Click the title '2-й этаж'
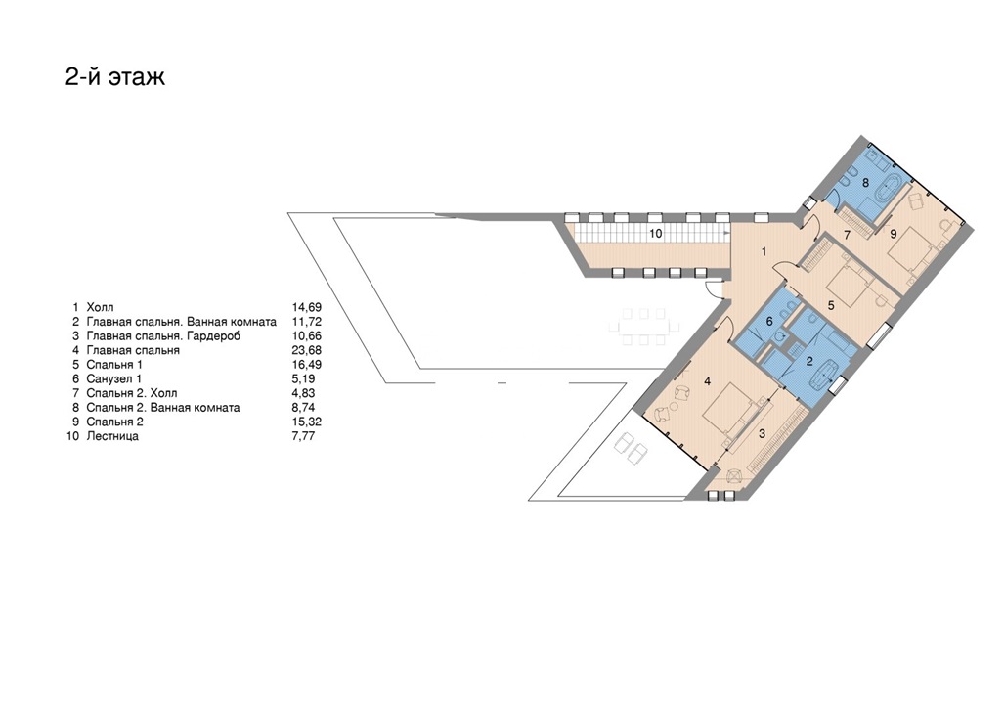[x=115, y=77]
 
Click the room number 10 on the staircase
[x=655, y=234]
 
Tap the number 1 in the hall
[x=764, y=252]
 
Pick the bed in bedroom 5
[x=850, y=286]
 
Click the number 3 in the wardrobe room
[x=762, y=434]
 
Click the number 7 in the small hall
[x=847, y=235]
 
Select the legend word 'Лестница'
[x=112, y=436]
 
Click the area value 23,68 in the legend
[x=307, y=350]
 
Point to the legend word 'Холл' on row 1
[x=100, y=308]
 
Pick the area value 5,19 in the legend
[x=303, y=378]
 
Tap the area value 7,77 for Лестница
[x=303, y=436]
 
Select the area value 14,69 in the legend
[x=307, y=308]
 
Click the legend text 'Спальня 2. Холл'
[x=132, y=393]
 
